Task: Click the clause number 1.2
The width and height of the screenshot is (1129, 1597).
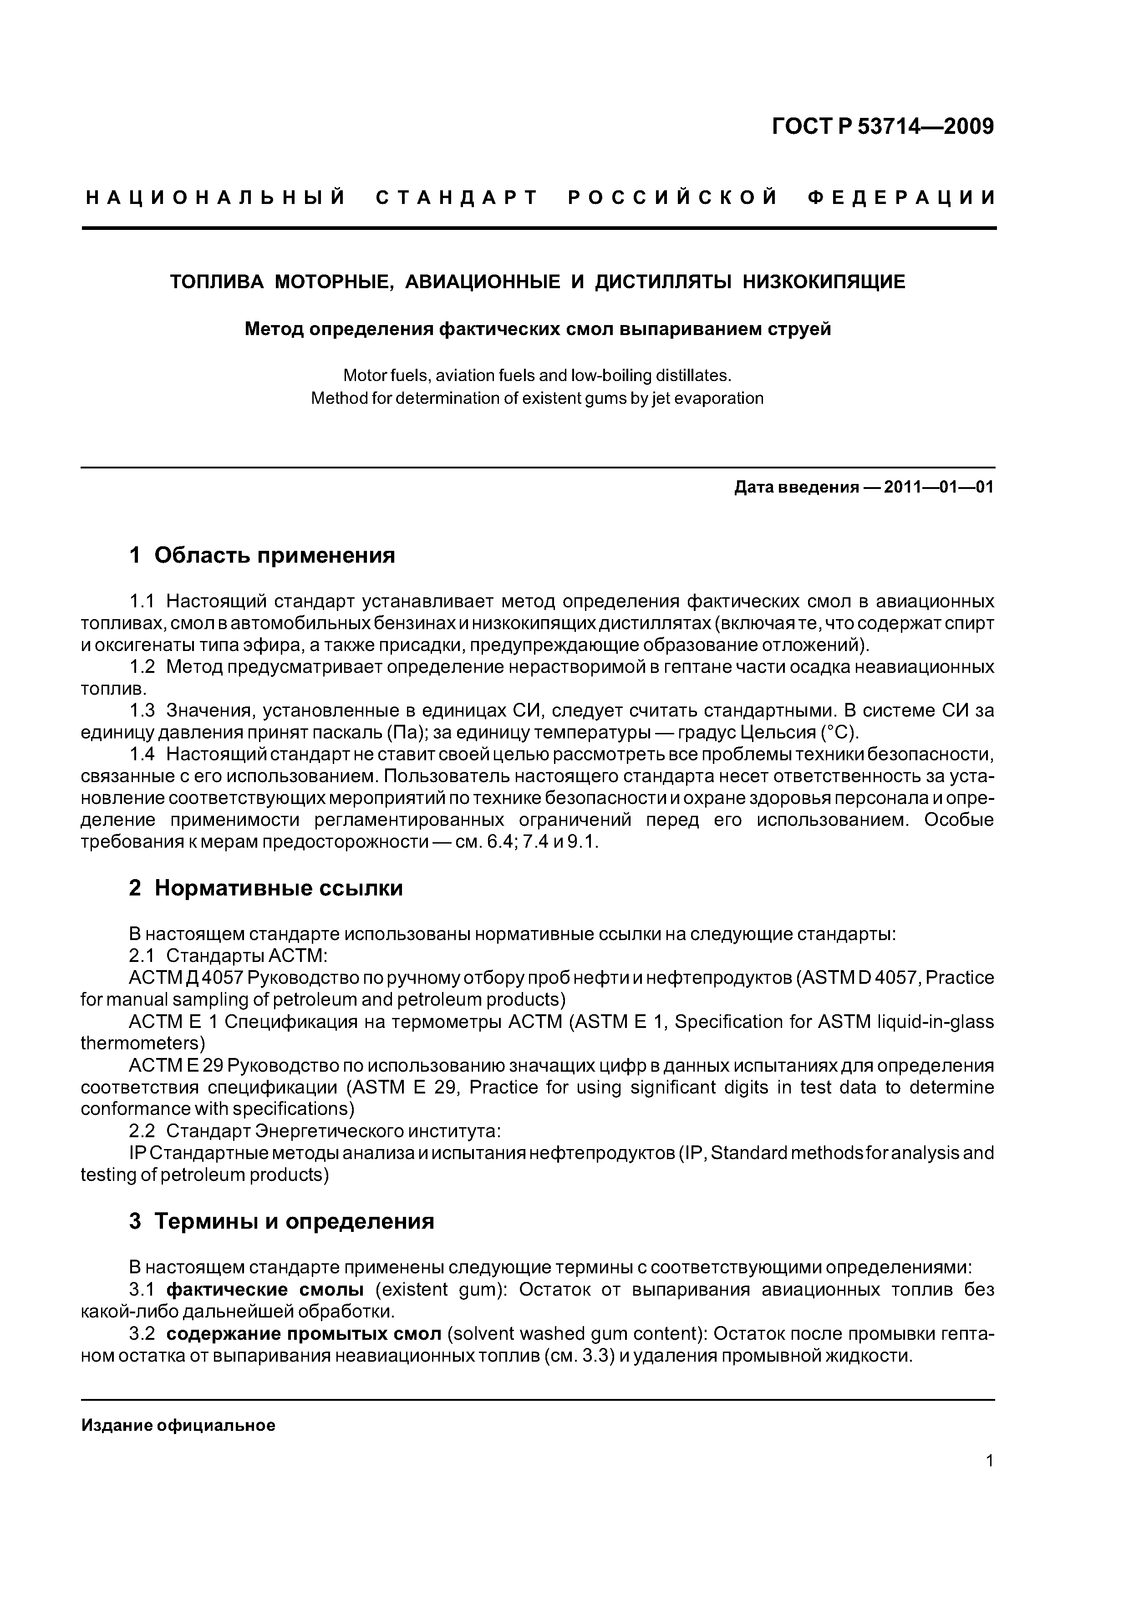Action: [x=142, y=667]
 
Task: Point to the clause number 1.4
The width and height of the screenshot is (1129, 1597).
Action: [x=142, y=755]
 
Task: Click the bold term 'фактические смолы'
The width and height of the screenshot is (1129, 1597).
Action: [x=265, y=1290]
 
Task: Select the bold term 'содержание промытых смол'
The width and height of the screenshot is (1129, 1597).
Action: [x=304, y=1333]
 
